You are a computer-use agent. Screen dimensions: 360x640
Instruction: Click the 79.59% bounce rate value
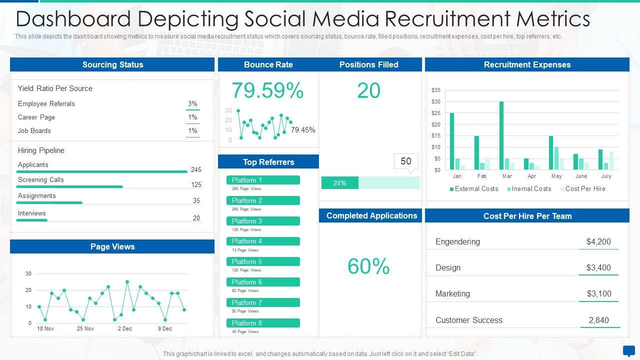[x=267, y=91]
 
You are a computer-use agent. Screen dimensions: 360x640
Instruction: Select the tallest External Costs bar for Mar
[x=501, y=135]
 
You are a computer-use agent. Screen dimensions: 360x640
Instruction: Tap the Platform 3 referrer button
[x=263, y=221]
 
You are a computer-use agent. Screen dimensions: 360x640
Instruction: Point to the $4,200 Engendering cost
[x=598, y=242]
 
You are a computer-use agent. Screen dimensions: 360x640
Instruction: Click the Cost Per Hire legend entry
[x=582, y=189]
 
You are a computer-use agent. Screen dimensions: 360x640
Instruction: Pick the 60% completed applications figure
[x=368, y=266]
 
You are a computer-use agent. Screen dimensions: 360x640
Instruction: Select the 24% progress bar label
[x=339, y=183]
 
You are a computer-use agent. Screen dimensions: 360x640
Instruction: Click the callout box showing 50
[x=406, y=161]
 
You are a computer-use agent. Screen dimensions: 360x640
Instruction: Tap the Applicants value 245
[x=196, y=170]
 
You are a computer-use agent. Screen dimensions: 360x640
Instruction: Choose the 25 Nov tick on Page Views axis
[x=85, y=328]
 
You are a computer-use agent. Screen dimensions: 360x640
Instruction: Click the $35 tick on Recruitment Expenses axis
[x=436, y=90]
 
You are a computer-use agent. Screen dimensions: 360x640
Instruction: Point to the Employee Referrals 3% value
[x=192, y=104]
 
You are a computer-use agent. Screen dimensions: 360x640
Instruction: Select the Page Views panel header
[x=112, y=246]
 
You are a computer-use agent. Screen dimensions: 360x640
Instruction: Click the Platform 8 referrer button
[x=263, y=323]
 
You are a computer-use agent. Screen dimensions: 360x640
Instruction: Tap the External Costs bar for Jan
[x=452, y=141]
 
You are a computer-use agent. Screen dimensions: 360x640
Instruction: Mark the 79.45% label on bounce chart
[x=303, y=130]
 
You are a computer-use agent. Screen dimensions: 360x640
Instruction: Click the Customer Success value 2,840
[x=598, y=320]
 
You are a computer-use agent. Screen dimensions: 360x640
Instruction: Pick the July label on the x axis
[x=606, y=176]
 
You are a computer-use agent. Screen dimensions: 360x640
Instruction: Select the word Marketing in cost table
[x=452, y=294]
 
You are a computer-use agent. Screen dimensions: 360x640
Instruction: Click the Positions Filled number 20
[x=368, y=91]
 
